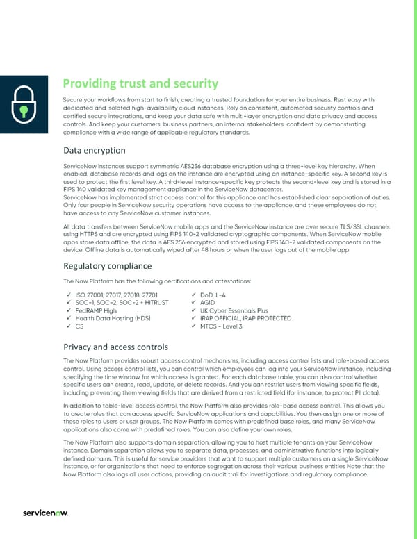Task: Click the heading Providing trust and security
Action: click(x=136, y=84)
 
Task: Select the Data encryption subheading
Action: click(x=94, y=150)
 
